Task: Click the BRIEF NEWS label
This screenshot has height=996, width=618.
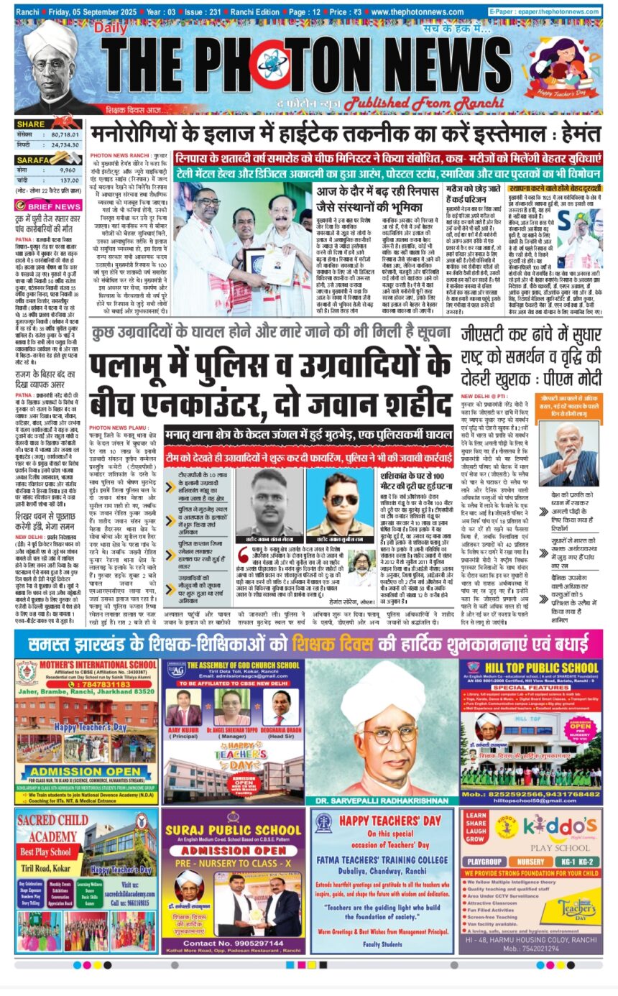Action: click(55, 206)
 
